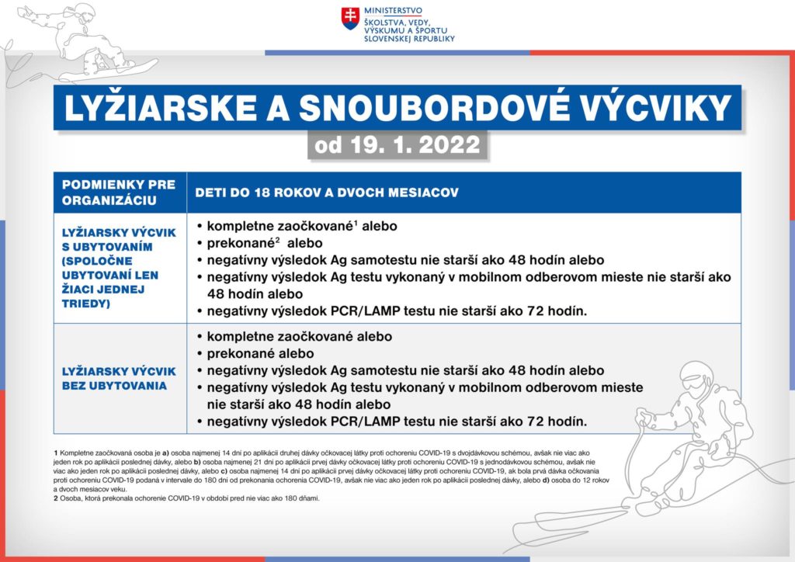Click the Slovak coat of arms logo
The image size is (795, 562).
[x=351, y=19]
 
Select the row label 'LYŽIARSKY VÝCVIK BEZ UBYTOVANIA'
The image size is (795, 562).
[x=119, y=378]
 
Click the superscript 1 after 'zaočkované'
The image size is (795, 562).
[x=356, y=223]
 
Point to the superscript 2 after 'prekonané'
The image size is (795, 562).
[x=277, y=238]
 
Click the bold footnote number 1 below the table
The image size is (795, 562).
[x=56, y=452]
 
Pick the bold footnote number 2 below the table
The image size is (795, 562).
[x=56, y=498]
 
